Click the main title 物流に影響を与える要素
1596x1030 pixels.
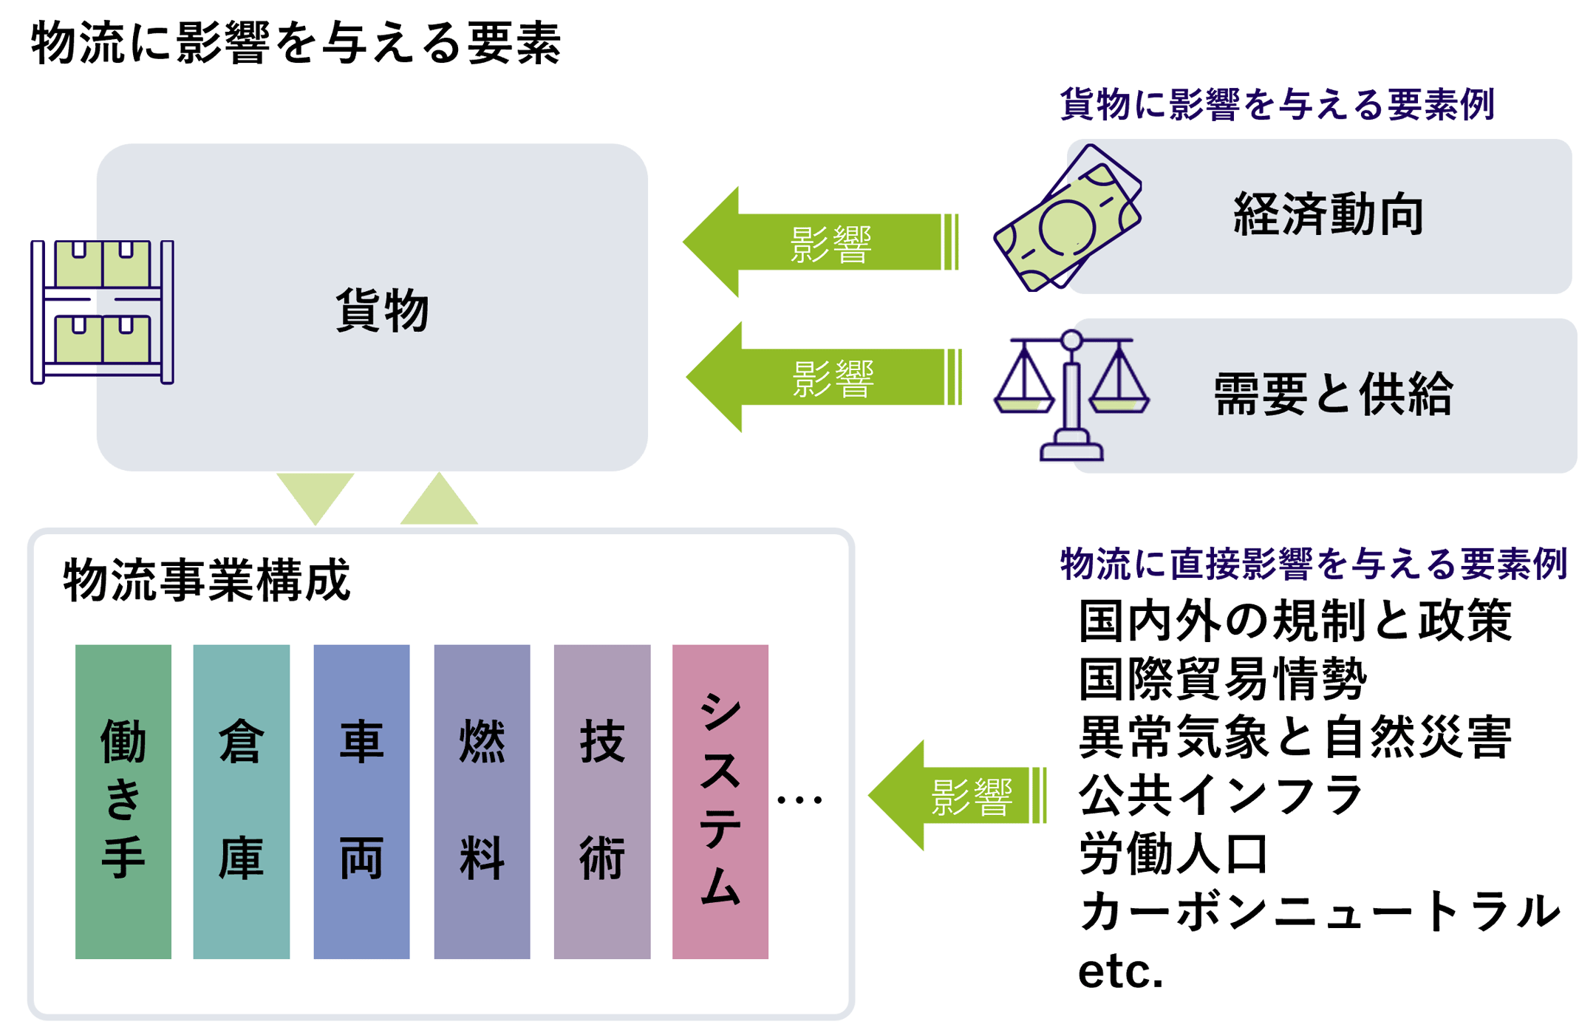[x=296, y=43]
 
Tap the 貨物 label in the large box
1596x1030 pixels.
[x=382, y=310]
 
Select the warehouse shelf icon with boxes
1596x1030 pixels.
[x=103, y=312]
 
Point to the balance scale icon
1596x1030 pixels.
[x=1071, y=395]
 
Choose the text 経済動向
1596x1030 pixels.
[x=1328, y=215]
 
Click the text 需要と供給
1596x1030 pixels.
[x=1333, y=394]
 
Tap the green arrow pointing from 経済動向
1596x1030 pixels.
[x=820, y=242]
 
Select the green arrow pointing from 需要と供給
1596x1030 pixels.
[x=823, y=377]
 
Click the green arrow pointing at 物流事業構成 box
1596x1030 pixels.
[x=957, y=796]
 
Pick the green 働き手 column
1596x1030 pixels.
[x=123, y=801]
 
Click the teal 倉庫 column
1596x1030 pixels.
[x=242, y=801]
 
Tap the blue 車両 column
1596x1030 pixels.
[x=361, y=801]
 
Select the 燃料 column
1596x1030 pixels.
[x=482, y=801]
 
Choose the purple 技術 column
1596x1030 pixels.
[x=602, y=801]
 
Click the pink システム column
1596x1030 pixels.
[x=720, y=801]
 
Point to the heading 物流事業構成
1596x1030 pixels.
[x=206, y=581]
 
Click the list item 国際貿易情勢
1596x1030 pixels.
[x=1223, y=678]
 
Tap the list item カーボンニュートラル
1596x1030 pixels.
[x=1320, y=912]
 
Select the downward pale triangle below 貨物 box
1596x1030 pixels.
[x=316, y=496]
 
